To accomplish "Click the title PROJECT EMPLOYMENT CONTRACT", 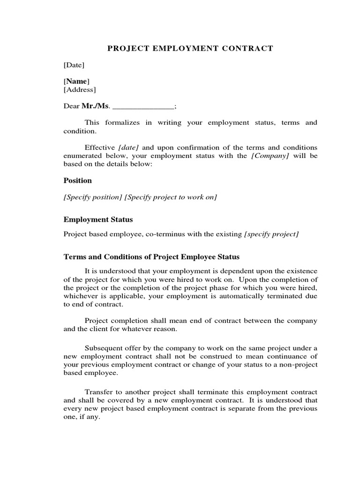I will [190, 48].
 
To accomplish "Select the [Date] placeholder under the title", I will [74, 65].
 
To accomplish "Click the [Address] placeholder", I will [80, 90].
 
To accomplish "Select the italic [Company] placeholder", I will [270, 156].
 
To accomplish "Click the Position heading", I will [78, 180].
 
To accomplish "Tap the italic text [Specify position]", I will [92, 197].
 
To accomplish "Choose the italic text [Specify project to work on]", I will [171, 197].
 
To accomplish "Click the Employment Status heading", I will [98, 219].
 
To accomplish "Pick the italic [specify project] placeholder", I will [271, 234].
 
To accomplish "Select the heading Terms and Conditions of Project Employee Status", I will [151, 257].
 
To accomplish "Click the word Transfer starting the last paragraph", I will [97, 392].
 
